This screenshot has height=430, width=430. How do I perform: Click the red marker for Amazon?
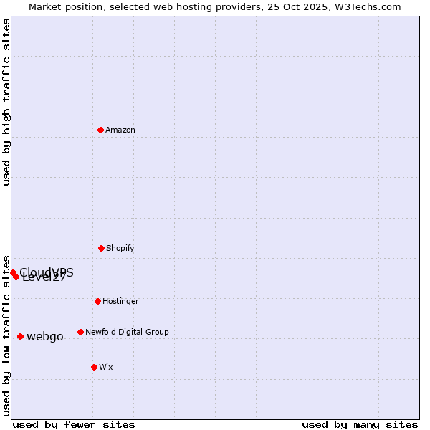[x=100, y=130]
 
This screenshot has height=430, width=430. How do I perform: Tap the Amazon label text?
[x=120, y=130]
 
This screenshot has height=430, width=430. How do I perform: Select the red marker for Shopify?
[x=101, y=248]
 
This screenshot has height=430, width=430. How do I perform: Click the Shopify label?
[x=120, y=249]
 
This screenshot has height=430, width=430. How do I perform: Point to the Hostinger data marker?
[x=97, y=301]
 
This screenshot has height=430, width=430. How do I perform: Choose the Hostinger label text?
[x=120, y=302]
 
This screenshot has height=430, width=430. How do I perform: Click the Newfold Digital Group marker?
[x=80, y=332]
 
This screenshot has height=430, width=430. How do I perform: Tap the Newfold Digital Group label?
[x=127, y=333]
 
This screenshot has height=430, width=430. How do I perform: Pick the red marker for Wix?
[x=94, y=367]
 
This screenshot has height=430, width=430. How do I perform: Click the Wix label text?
[x=106, y=368]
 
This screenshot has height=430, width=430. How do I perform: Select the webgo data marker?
[x=20, y=336]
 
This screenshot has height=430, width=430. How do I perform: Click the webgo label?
[x=45, y=337]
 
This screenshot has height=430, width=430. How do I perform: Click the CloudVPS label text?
[x=47, y=272]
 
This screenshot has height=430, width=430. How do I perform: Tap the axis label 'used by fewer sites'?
[x=74, y=424]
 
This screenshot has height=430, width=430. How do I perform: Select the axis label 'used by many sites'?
[x=360, y=424]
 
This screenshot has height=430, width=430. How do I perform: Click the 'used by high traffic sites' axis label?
[x=7, y=102]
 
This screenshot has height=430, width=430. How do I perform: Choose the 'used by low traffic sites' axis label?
[x=7, y=335]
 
